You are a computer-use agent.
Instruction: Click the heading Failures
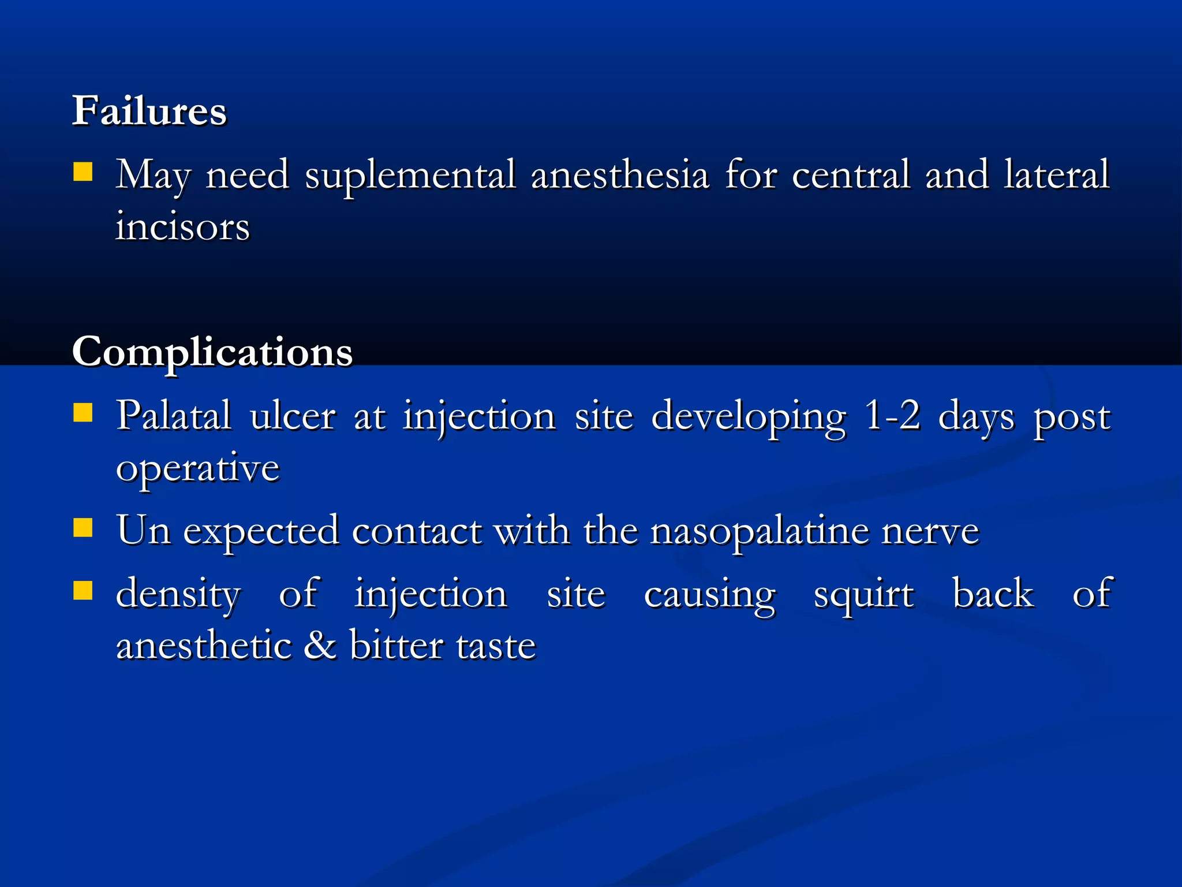pos(149,110)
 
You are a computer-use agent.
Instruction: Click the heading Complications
pos(212,351)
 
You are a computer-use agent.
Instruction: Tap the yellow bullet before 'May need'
pos(83,172)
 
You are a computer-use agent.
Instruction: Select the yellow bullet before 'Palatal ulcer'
pos(83,413)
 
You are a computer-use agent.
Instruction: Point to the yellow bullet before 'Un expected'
pos(83,527)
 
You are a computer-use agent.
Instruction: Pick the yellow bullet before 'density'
pos(83,590)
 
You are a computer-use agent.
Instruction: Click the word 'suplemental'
pos(410,175)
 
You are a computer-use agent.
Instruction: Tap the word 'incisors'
pos(182,226)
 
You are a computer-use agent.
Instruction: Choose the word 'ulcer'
pos(293,416)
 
